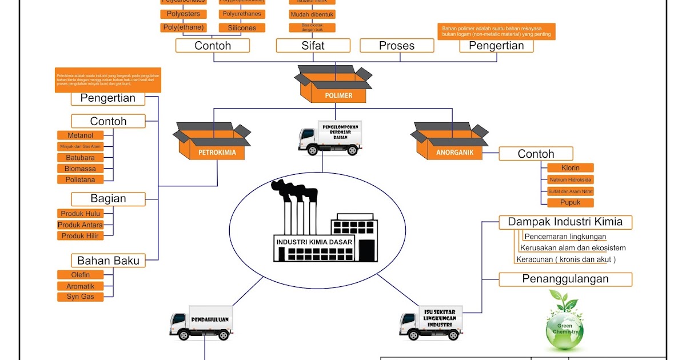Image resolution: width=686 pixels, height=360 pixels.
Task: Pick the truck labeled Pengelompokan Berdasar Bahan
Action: click(x=330, y=138)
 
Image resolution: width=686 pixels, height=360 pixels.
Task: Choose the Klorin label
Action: click(x=571, y=168)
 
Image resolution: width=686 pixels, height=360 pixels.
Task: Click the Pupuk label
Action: click(x=571, y=203)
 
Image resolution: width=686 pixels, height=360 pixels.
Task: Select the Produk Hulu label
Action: click(x=81, y=214)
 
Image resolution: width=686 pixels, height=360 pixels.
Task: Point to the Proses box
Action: click(x=397, y=46)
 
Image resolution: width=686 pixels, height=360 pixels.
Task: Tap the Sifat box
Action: click(x=313, y=46)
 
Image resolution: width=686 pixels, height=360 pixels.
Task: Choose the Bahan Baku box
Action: click(x=108, y=261)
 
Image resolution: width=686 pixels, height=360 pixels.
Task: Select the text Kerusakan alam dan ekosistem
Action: click(x=573, y=248)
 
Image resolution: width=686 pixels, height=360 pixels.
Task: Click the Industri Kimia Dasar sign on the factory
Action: click(x=314, y=242)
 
